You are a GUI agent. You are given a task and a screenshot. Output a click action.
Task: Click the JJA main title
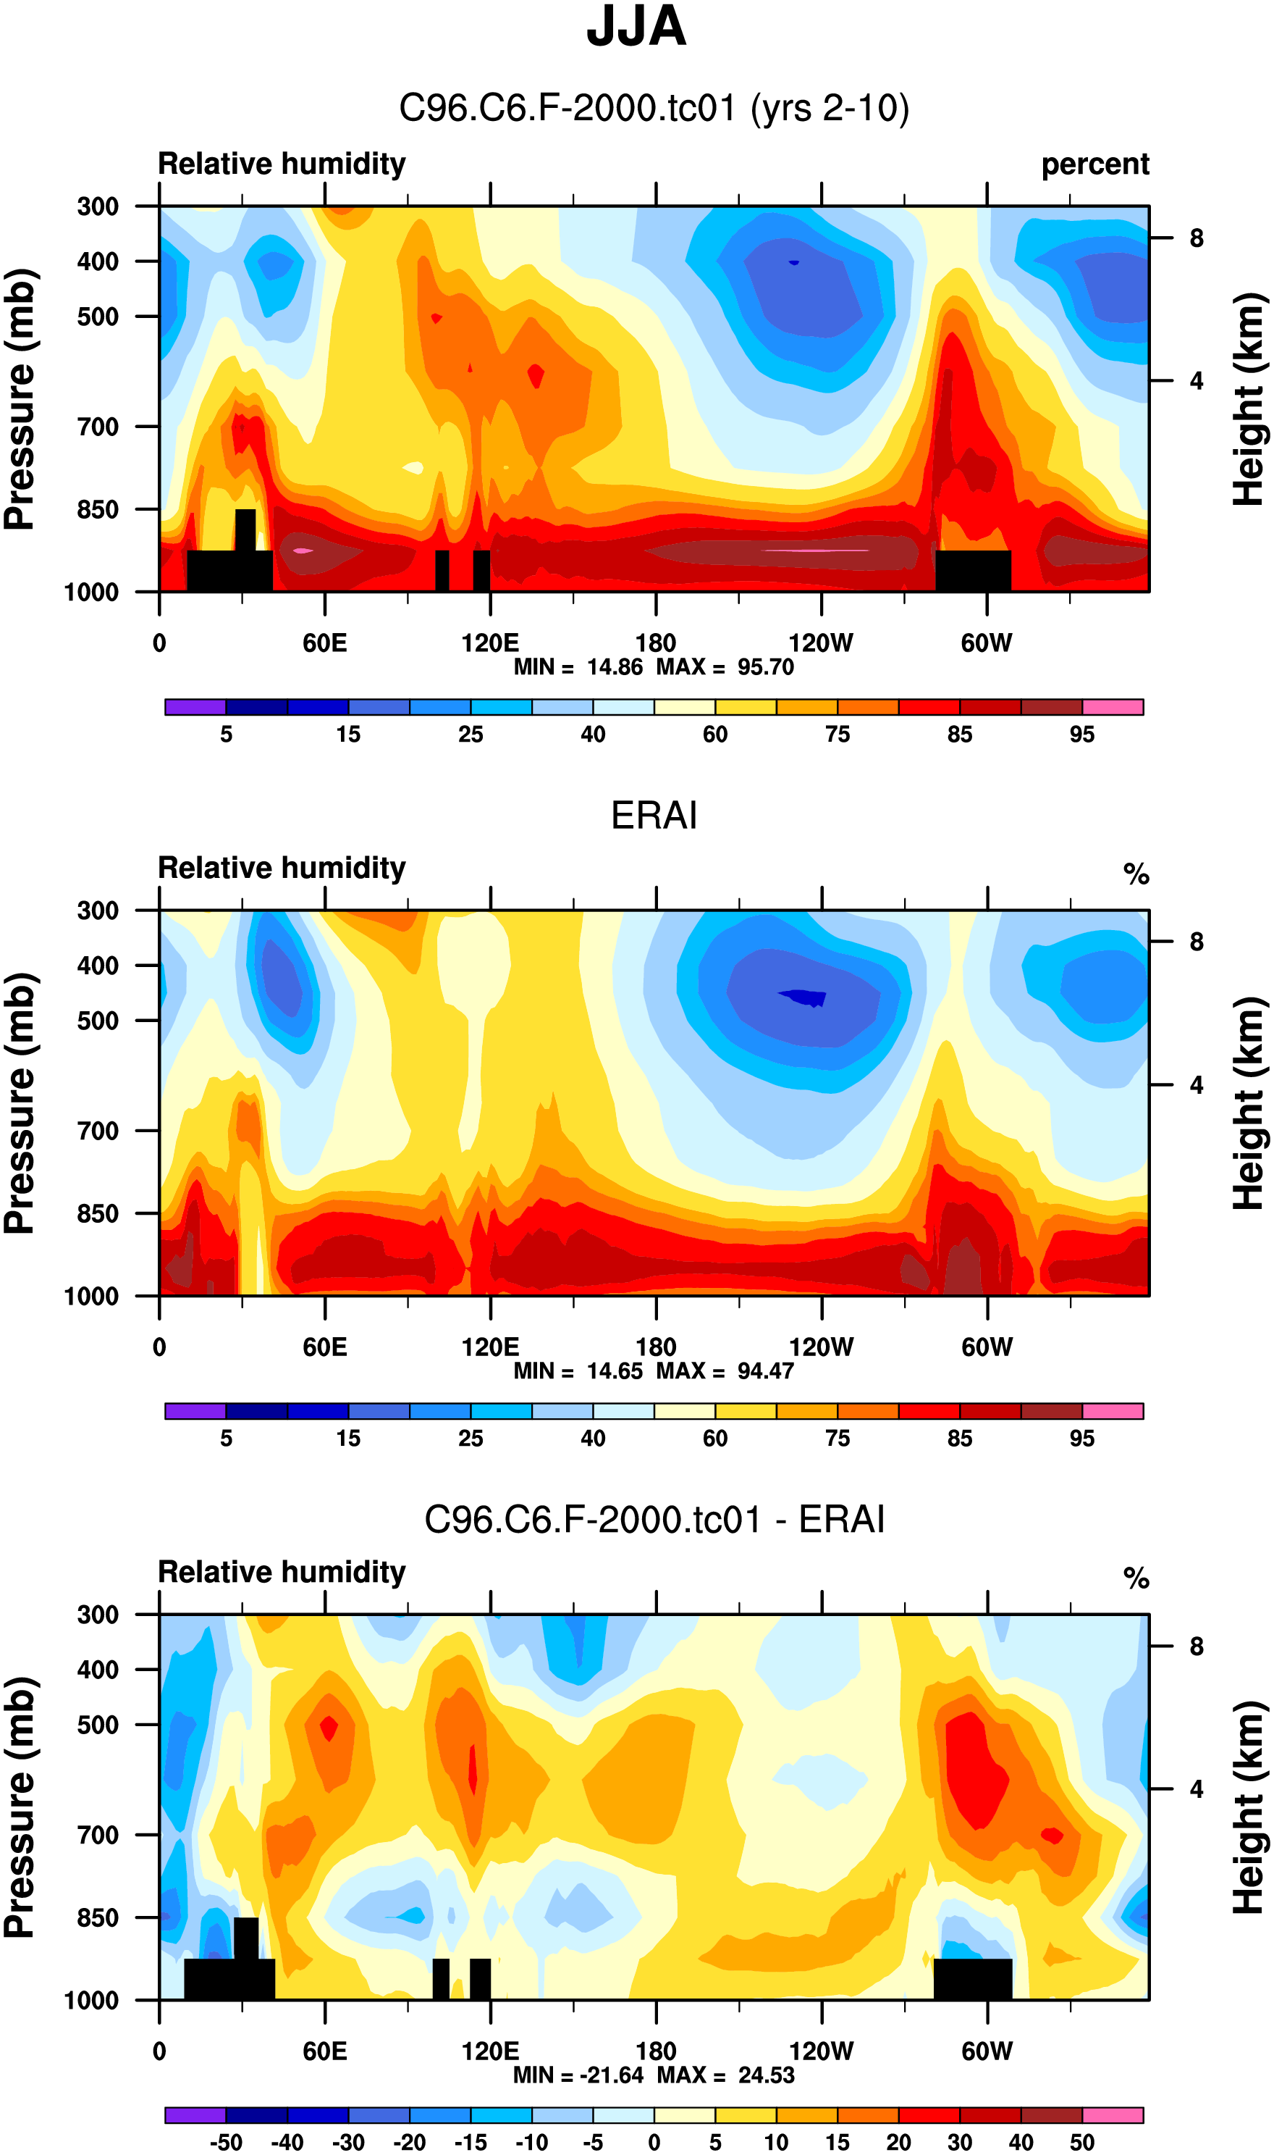click(636, 28)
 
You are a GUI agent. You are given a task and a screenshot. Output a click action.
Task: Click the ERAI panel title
click(654, 815)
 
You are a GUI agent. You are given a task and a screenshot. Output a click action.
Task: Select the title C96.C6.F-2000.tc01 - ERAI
click(654, 1520)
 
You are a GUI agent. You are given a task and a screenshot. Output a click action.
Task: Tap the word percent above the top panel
click(1094, 164)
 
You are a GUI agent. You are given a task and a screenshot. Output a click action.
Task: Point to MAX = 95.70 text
click(725, 667)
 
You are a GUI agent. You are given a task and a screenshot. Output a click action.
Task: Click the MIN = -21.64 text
click(578, 2075)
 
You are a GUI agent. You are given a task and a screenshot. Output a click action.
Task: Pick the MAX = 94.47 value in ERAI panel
click(725, 1371)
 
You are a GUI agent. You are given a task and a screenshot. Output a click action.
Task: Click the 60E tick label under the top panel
click(324, 643)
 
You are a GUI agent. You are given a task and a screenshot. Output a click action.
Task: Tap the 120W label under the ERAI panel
click(821, 1347)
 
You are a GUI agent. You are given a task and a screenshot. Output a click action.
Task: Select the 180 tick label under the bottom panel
click(655, 2051)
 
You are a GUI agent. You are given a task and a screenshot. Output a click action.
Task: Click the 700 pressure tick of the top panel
click(98, 426)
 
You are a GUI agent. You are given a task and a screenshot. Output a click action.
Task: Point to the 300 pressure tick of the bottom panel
click(98, 1615)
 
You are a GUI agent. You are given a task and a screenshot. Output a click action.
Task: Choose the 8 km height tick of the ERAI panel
click(1196, 942)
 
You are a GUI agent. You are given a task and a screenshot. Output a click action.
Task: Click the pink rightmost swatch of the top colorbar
click(1113, 707)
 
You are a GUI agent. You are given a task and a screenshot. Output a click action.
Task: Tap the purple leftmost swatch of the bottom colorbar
click(195, 2115)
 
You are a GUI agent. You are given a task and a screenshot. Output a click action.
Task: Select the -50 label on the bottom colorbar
click(225, 2142)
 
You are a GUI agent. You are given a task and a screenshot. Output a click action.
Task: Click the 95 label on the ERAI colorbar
click(1081, 1438)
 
